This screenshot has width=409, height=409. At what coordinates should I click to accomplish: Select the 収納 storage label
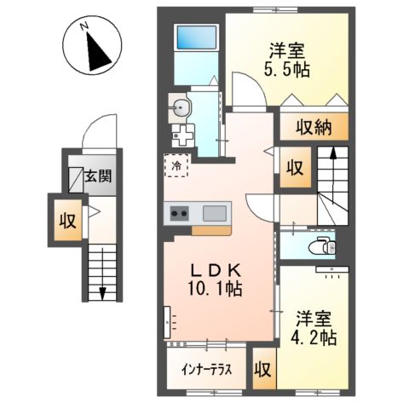pos(314,128)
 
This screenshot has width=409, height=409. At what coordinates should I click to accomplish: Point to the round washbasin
pos(180,107)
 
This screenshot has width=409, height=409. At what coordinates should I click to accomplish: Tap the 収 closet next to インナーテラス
pos(263,370)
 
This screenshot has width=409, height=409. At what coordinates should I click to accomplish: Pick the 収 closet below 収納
pos(294,166)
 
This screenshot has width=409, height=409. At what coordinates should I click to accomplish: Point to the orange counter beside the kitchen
pos(210,229)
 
